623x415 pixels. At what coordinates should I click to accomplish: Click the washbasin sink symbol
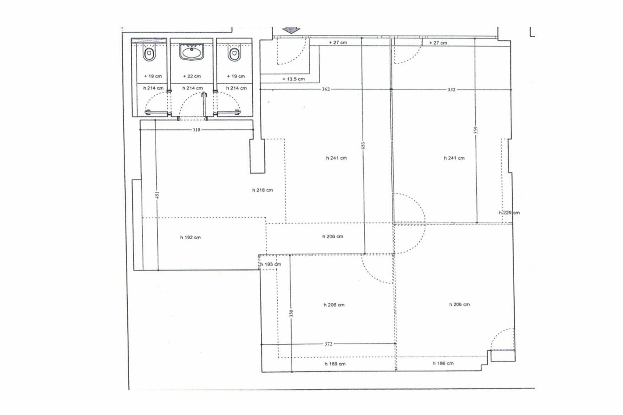point(192,52)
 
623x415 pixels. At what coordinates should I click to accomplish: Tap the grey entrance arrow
point(291,31)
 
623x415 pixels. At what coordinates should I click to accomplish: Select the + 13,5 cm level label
point(294,79)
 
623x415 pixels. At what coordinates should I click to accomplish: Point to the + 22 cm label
point(192,76)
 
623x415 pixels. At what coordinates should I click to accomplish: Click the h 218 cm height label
point(262,190)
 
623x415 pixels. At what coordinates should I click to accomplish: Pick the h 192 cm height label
point(190,237)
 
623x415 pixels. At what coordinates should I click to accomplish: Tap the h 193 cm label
point(270,264)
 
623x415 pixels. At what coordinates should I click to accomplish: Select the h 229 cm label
point(509,213)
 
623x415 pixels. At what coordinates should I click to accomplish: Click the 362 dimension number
point(326,89)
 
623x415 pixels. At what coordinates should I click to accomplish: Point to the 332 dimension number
point(451,89)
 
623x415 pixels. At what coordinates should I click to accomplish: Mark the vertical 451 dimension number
point(157,195)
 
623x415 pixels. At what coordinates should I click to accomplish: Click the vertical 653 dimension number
point(363,146)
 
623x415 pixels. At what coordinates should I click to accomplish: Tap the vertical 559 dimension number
point(476,130)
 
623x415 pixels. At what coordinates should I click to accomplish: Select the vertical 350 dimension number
point(291,313)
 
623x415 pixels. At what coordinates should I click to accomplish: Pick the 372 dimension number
point(328,344)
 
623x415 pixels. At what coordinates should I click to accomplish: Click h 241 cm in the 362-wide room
point(336,158)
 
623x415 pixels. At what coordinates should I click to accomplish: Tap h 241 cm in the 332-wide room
point(454,158)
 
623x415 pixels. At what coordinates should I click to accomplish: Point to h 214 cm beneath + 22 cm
point(193,88)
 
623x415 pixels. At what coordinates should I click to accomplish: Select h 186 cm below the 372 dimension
point(335,364)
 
